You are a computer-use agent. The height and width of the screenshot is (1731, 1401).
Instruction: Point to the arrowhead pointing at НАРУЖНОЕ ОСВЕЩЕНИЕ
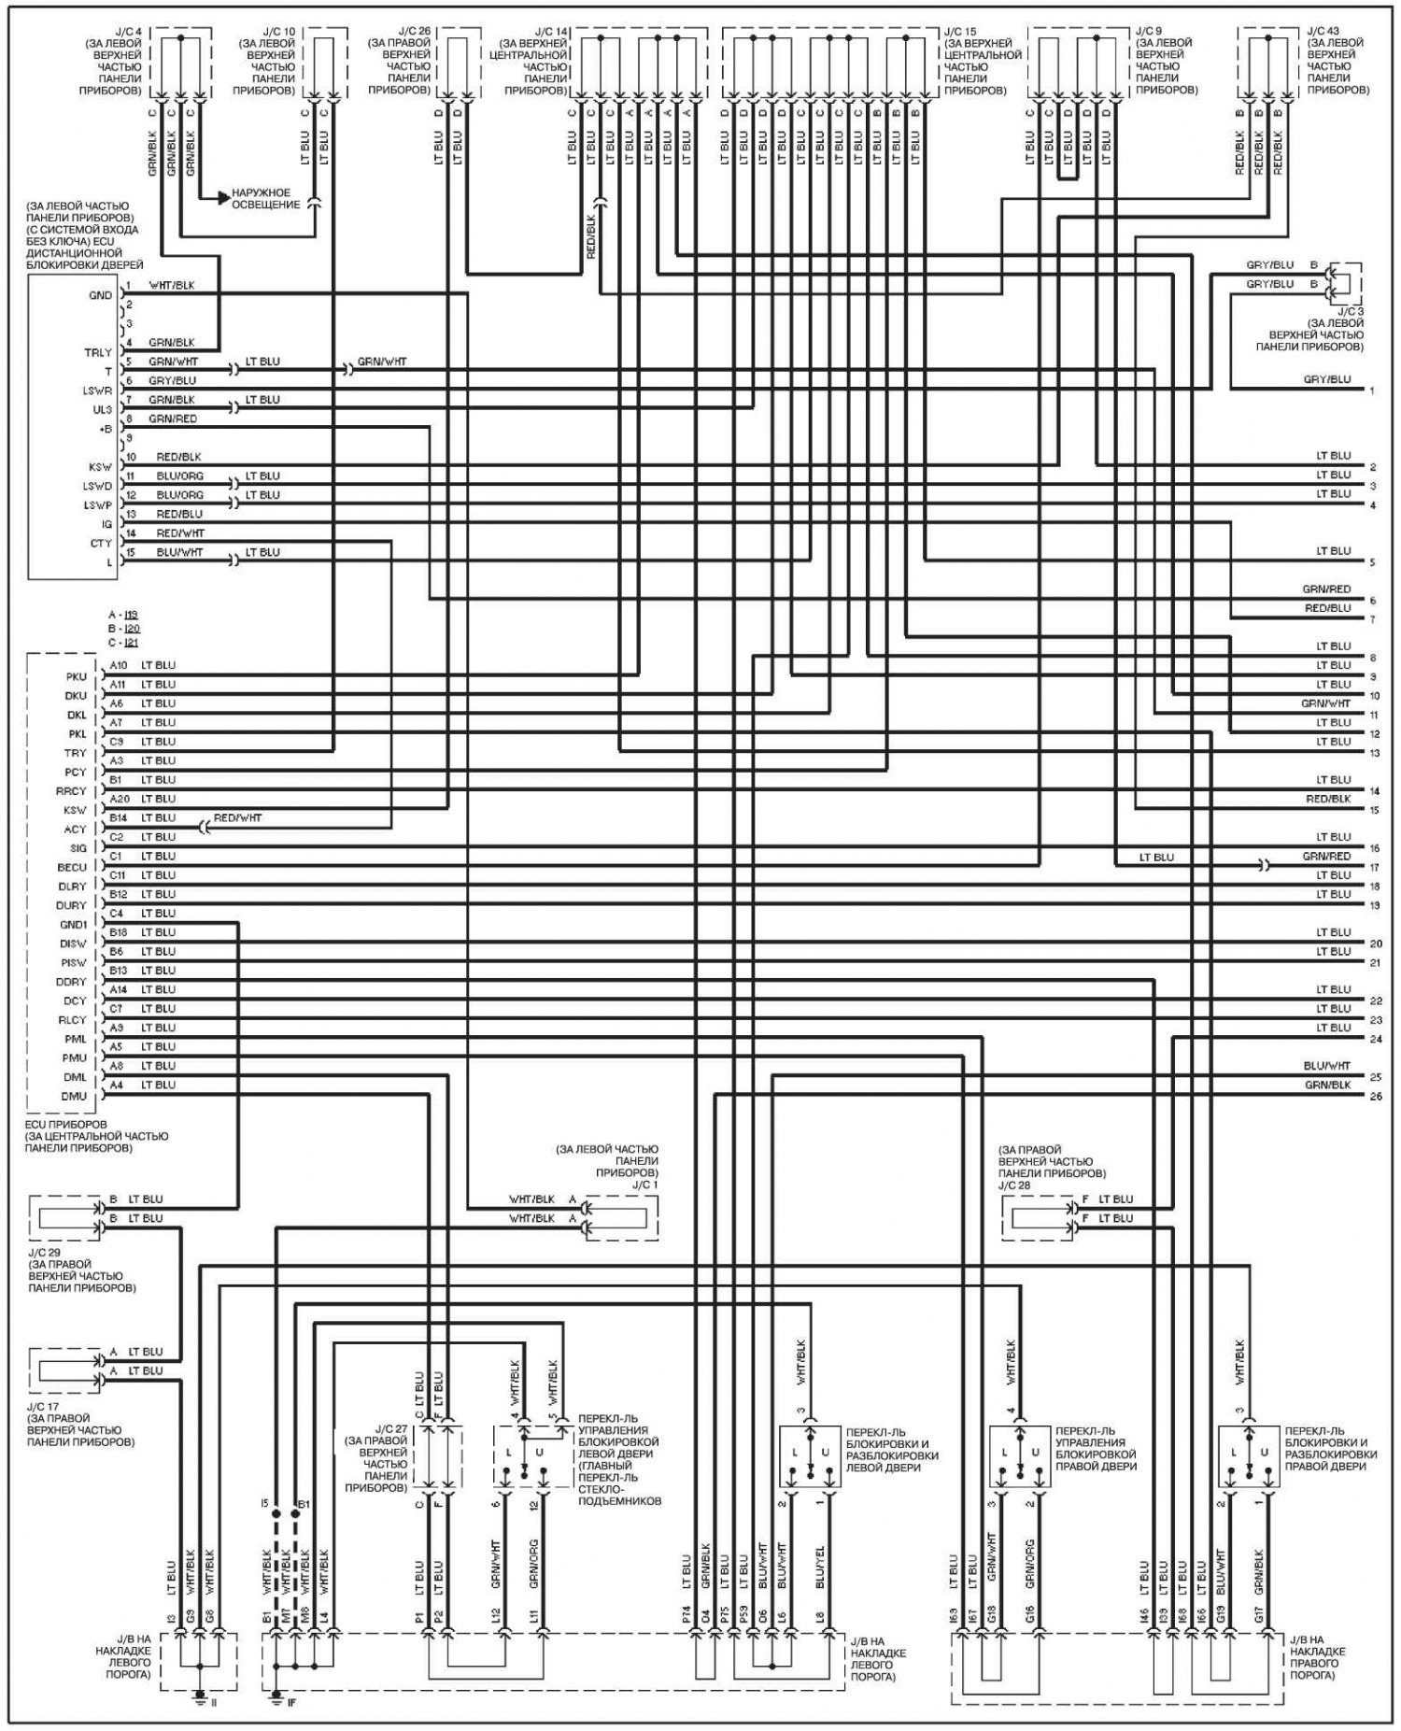click(x=222, y=198)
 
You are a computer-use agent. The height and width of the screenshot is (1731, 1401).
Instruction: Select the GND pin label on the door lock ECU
click(x=99, y=295)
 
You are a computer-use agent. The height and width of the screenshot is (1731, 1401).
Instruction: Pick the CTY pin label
click(x=100, y=543)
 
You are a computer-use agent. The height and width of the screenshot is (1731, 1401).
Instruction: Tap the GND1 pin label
click(x=72, y=924)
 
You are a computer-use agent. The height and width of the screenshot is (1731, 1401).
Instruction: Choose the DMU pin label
click(x=73, y=1096)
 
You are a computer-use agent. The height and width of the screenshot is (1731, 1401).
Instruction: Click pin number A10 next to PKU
click(x=118, y=665)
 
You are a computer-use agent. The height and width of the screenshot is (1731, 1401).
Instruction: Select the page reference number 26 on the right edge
click(x=1375, y=1097)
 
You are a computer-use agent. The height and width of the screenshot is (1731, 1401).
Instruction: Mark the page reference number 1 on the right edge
click(x=1372, y=390)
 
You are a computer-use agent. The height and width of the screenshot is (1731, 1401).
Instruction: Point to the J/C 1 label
click(x=641, y=1185)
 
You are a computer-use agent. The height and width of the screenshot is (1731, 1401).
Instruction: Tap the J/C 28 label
click(x=1015, y=1185)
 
